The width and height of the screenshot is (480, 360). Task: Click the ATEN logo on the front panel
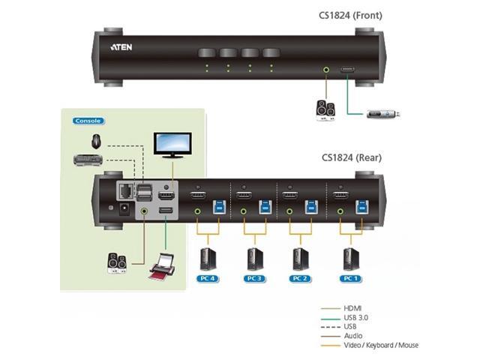point(122,46)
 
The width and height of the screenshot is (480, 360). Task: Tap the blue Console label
point(88,120)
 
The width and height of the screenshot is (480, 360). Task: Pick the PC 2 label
point(301,279)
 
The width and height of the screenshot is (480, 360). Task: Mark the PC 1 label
point(349,279)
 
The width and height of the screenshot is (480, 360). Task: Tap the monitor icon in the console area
point(172,145)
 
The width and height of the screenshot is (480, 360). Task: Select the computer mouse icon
point(96,140)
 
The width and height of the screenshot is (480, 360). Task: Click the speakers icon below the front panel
point(325,109)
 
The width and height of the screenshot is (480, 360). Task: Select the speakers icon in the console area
point(116,262)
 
